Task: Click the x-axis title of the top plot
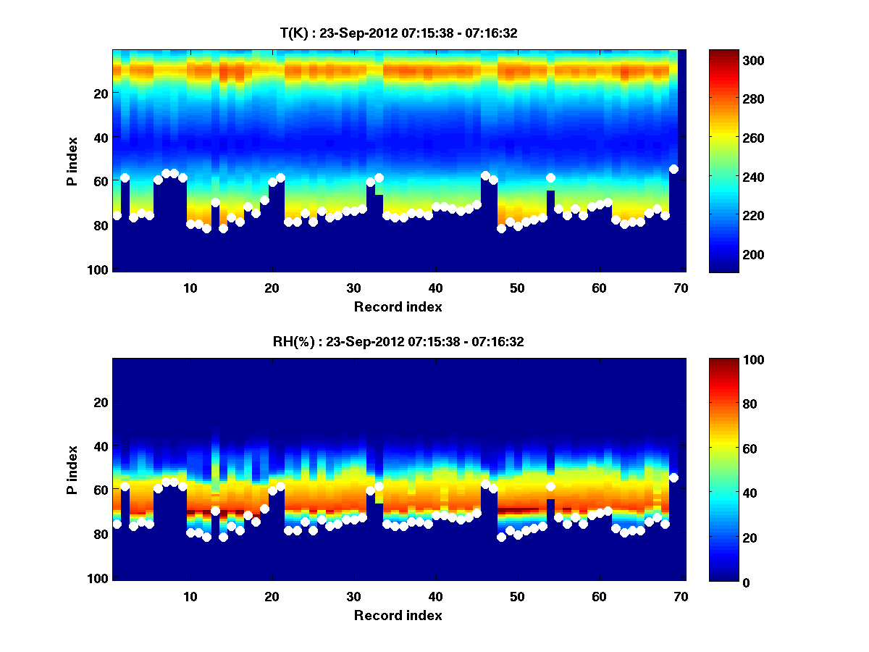tap(398, 306)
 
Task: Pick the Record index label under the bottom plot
tap(398, 615)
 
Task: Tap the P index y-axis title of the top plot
tap(72, 161)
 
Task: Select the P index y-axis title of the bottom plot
tap(72, 469)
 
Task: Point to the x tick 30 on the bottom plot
tap(353, 596)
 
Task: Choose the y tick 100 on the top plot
tap(100, 269)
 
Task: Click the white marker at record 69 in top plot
tap(673, 169)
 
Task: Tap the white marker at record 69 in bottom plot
tap(673, 477)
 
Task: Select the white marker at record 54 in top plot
tap(550, 177)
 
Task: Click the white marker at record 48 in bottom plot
tap(501, 537)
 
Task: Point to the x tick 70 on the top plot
tap(681, 287)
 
